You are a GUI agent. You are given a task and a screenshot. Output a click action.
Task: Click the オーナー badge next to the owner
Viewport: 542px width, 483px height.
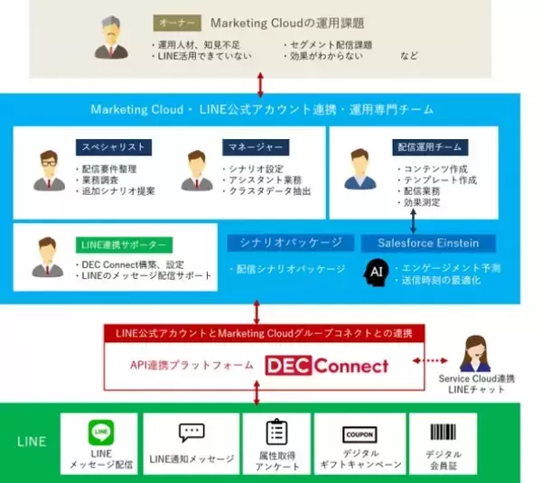(x=179, y=23)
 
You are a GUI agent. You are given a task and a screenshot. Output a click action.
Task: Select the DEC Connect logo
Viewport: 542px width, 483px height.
(x=327, y=366)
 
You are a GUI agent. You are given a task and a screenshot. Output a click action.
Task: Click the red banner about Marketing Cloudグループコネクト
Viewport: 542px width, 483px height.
(x=260, y=334)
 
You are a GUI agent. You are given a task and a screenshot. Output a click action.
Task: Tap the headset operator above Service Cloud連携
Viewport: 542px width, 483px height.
(x=475, y=354)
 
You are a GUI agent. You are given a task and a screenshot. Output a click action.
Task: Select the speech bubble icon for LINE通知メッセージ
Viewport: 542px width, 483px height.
(x=192, y=433)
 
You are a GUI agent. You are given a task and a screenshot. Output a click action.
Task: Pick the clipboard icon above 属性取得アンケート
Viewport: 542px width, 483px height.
(x=276, y=432)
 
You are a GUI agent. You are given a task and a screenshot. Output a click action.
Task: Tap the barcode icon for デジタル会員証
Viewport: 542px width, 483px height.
(x=443, y=432)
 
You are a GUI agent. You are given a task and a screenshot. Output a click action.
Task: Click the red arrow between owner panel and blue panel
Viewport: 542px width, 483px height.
(x=260, y=86)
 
